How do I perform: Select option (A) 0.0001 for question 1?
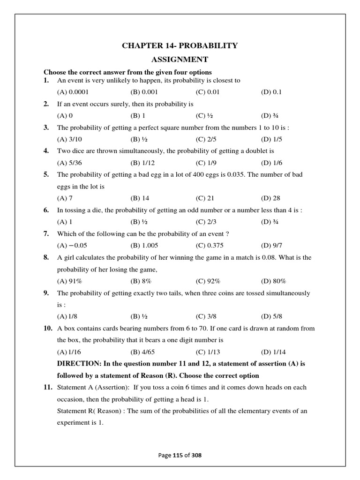(73, 92)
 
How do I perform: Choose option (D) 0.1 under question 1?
(271, 92)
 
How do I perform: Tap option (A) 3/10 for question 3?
(68, 139)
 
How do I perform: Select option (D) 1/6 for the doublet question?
(271, 163)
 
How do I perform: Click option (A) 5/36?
(68, 163)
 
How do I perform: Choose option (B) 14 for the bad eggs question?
(140, 198)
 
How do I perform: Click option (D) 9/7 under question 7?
(271, 245)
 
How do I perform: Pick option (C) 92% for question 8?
(208, 281)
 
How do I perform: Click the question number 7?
(46, 233)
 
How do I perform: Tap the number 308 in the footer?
(196, 455)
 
